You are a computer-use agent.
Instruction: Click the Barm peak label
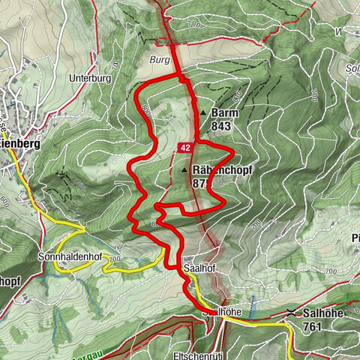pos(224,112)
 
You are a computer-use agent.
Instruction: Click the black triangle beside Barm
pos(203,113)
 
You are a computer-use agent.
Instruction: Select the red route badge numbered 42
pos(185,148)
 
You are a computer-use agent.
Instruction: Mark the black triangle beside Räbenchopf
pos(185,171)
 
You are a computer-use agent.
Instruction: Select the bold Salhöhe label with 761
pos(325,313)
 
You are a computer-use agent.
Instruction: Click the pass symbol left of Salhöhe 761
pos(292,312)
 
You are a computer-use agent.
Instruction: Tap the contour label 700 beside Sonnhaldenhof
pos(114,259)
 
